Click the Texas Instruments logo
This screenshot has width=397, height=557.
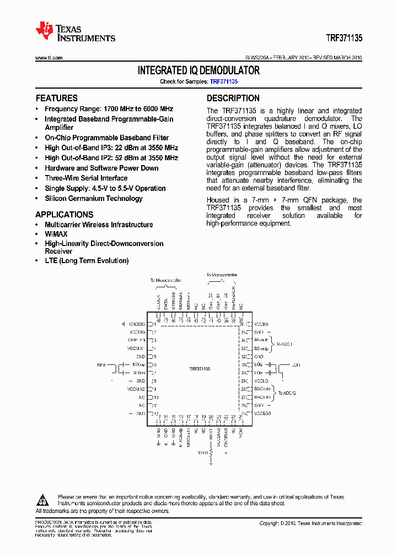point(75,32)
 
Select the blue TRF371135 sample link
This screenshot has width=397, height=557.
point(223,81)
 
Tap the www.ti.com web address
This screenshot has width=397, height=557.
point(49,58)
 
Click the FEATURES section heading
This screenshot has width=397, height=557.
point(57,99)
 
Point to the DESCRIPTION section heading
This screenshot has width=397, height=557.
point(233,99)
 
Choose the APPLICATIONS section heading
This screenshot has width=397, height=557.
point(65,215)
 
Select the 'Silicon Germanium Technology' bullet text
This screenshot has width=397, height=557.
point(93,199)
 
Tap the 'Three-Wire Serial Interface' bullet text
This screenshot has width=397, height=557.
point(85,178)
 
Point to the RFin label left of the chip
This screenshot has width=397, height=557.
point(101,364)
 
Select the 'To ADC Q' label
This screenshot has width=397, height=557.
point(287,393)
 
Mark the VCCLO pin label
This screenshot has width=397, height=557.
point(261,381)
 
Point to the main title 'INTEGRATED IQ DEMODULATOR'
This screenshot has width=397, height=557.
point(198,71)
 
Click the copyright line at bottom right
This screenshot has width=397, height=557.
point(310,523)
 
